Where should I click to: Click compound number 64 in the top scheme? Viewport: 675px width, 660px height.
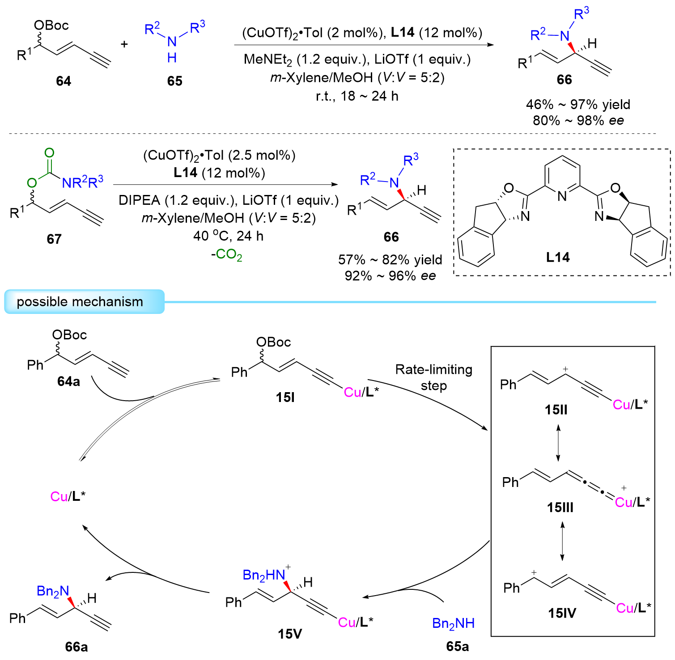coord(64,81)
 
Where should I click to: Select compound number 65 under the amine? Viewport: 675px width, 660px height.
coord(174,81)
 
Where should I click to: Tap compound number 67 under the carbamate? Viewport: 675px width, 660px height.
coord(54,239)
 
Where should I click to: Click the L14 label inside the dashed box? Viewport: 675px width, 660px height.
coord(558,257)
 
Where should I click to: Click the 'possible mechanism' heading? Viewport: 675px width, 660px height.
coord(80,302)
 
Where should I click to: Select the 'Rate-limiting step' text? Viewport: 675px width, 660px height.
coord(433,377)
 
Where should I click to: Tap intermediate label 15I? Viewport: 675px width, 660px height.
coord(285,397)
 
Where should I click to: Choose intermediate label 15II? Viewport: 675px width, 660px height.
coord(556,410)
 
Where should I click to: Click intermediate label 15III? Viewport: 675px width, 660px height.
coord(560,508)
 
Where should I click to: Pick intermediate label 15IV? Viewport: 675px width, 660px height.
coord(562,613)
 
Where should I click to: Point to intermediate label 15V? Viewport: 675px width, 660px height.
coord(290,634)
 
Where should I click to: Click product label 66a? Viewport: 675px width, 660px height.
coord(76,647)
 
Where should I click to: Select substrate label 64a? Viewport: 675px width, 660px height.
coord(69,381)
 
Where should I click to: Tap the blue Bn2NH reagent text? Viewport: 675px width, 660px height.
coord(453,623)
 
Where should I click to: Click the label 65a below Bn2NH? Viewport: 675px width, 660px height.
coord(458,646)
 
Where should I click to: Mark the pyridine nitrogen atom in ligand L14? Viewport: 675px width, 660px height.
coord(562,196)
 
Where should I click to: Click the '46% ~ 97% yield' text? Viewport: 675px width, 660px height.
coord(578,105)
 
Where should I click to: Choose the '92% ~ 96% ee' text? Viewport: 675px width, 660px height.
coord(390,276)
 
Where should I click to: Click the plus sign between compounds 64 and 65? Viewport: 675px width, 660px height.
coord(124,44)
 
